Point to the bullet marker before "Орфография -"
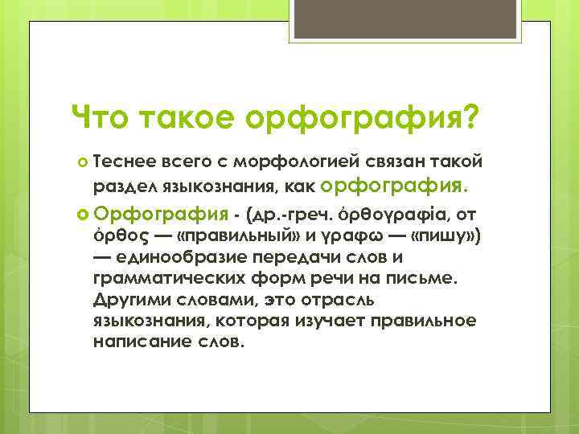click(x=83, y=214)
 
